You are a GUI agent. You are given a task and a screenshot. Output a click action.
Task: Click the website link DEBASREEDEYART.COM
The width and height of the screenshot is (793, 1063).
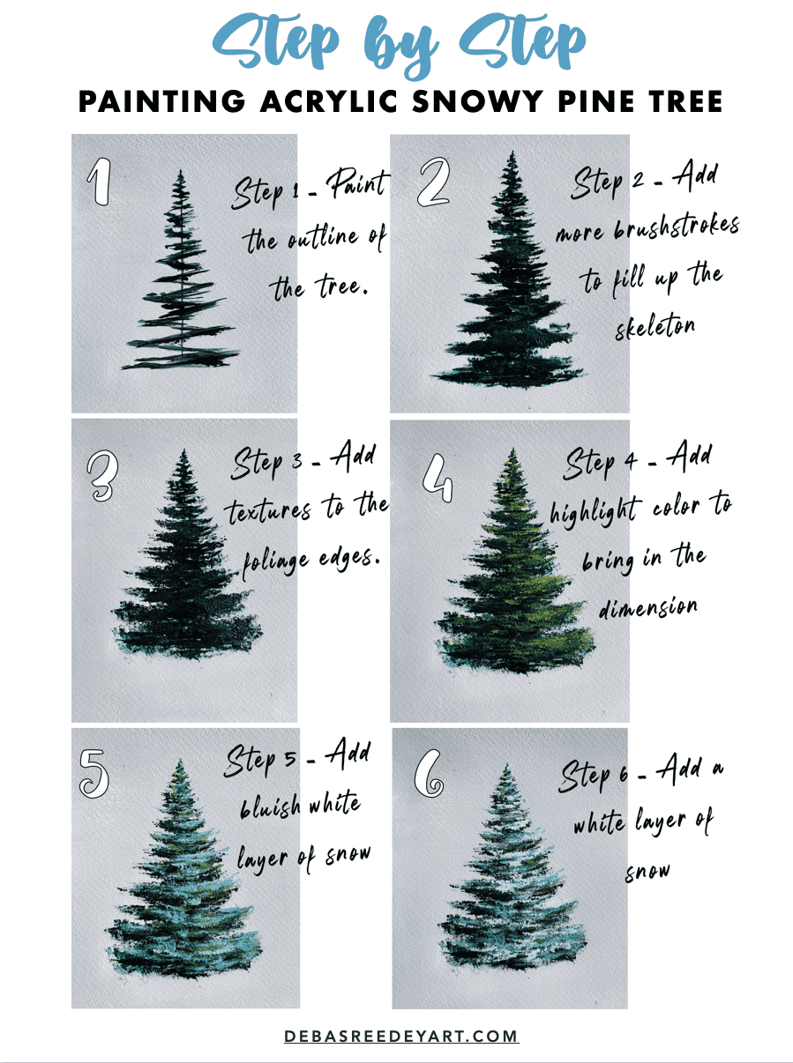coord(401,1037)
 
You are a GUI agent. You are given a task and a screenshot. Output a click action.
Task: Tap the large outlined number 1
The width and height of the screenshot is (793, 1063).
coord(100,183)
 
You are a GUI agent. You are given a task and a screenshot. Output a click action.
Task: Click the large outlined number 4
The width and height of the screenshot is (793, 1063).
coord(437,476)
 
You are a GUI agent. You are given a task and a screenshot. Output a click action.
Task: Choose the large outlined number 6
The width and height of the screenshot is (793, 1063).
coord(430,773)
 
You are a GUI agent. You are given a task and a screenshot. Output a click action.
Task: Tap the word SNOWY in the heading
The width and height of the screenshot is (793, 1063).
coord(463,101)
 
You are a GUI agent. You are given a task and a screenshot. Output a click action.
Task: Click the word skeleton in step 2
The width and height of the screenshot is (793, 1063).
coord(655,325)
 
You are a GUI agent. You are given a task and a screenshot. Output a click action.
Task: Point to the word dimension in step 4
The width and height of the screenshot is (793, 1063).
coord(649,608)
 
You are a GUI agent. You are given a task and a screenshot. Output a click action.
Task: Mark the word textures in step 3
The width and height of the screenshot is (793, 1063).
coord(268,510)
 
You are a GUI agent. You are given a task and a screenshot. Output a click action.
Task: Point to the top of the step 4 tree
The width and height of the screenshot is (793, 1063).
coord(511,449)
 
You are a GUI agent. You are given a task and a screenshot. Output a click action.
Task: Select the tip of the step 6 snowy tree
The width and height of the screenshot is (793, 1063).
coord(505,765)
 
